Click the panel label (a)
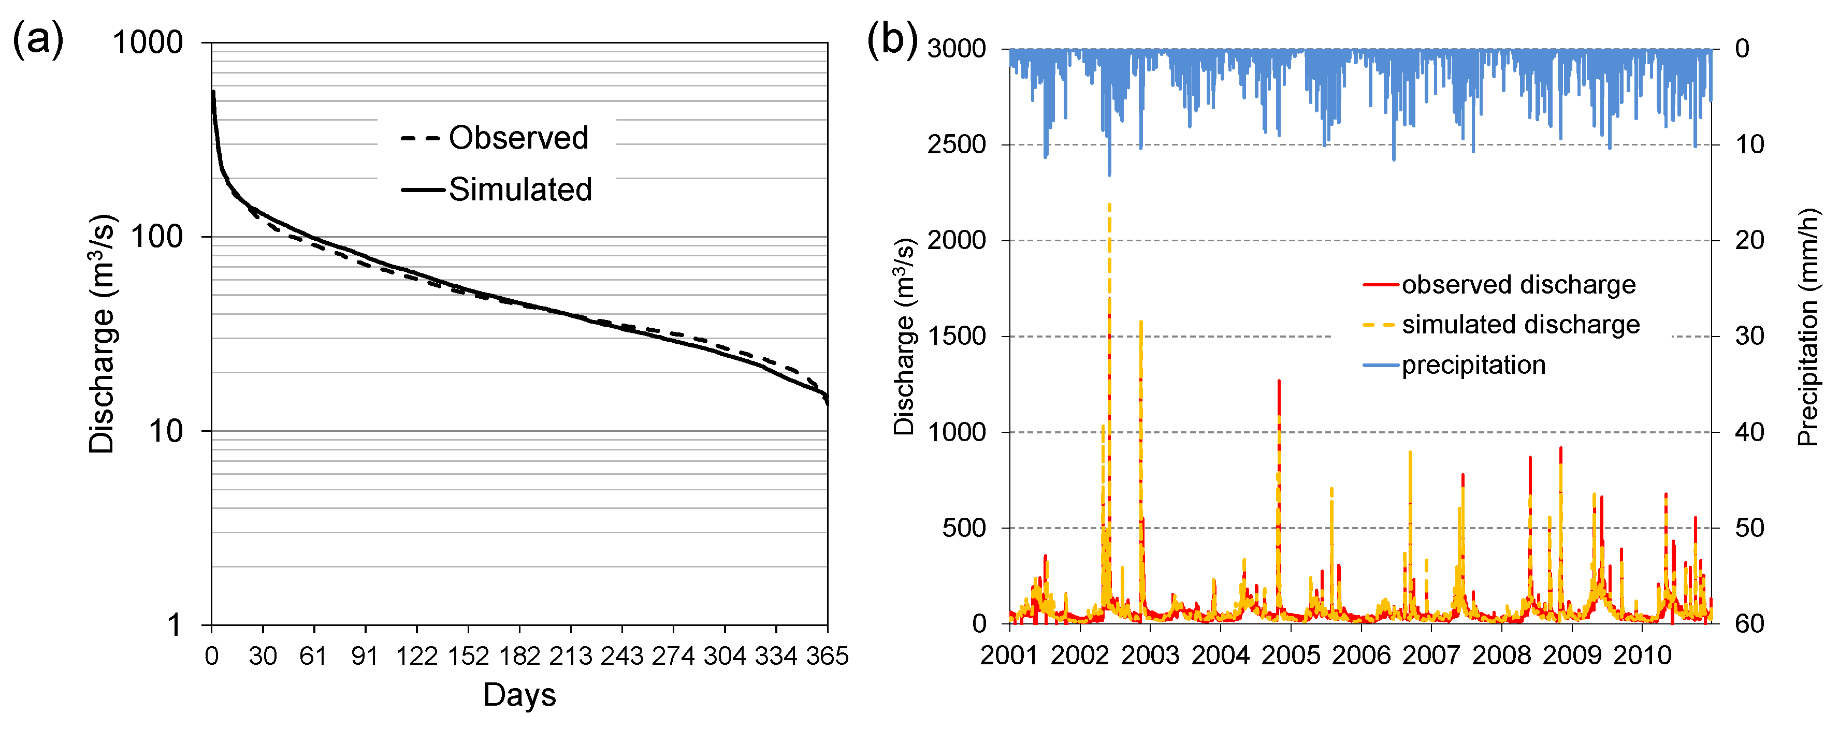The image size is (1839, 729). [x=38, y=39]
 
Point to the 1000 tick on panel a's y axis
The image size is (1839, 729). [x=148, y=43]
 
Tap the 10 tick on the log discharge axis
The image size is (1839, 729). [x=166, y=431]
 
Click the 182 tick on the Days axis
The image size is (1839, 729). [x=519, y=655]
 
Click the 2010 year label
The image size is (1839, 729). [x=1642, y=655]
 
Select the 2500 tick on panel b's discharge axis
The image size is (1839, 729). [x=956, y=145]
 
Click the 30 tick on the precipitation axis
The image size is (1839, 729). [x=1750, y=337]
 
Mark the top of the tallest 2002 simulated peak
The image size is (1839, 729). [x=1109, y=205]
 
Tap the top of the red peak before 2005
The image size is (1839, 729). [x=1279, y=381]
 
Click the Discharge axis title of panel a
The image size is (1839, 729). [x=102, y=333]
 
